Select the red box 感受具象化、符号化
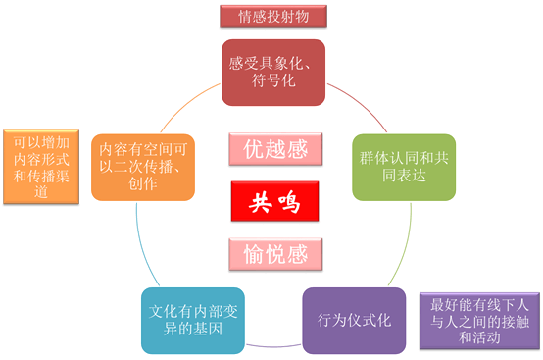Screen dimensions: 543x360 click(x=271, y=72)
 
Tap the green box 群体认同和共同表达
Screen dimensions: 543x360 click(x=403, y=167)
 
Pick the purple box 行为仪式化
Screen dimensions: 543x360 click(x=354, y=320)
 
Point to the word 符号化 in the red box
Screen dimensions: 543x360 click(x=271, y=81)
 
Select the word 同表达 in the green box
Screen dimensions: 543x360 click(x=403, y=176)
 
